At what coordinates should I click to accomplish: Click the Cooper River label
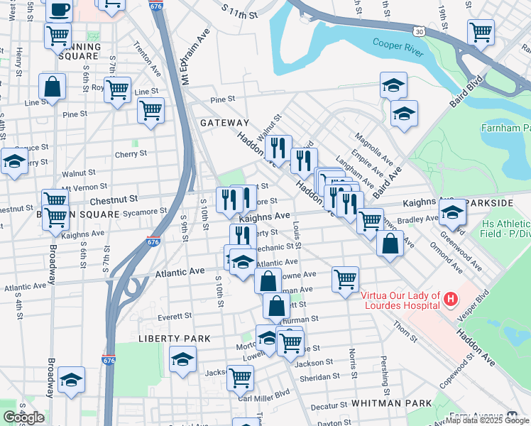398,48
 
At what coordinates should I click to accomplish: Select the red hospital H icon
450,300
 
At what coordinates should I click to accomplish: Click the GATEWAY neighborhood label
224,123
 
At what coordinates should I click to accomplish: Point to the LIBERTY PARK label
174,339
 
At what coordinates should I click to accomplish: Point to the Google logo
23,417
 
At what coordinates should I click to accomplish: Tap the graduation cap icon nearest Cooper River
393,86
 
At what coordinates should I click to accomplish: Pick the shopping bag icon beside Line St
53,88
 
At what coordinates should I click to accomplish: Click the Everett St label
175,316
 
